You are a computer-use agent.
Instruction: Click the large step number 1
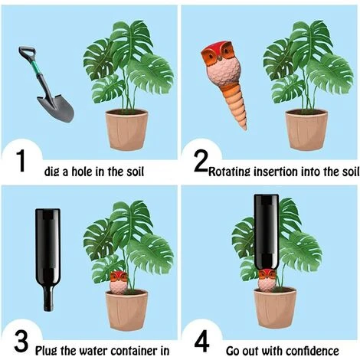coord(21,161)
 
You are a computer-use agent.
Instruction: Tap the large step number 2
coord(201,161)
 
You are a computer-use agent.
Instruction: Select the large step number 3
coord(21,341)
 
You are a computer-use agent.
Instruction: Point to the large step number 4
coord(201,341)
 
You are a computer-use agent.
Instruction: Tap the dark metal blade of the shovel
coord(56,108)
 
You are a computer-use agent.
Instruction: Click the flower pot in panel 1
coord(126,129)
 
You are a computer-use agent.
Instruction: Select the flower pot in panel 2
coord(306,129)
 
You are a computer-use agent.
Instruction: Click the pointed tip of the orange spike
coord(245,129)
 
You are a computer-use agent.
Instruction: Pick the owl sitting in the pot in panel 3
coord(119,283)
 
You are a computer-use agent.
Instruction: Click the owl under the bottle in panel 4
coord(267,280)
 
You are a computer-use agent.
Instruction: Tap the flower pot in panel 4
coord(275,308)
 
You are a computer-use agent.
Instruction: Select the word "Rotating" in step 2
coord(229,172)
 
